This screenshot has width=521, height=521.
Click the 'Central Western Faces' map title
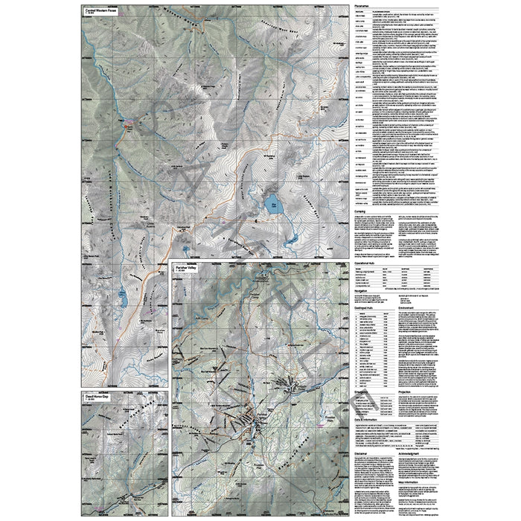point(101,10)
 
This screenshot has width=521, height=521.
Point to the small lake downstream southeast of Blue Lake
point(289,239)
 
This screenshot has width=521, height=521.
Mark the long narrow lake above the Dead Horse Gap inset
point(121,301)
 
